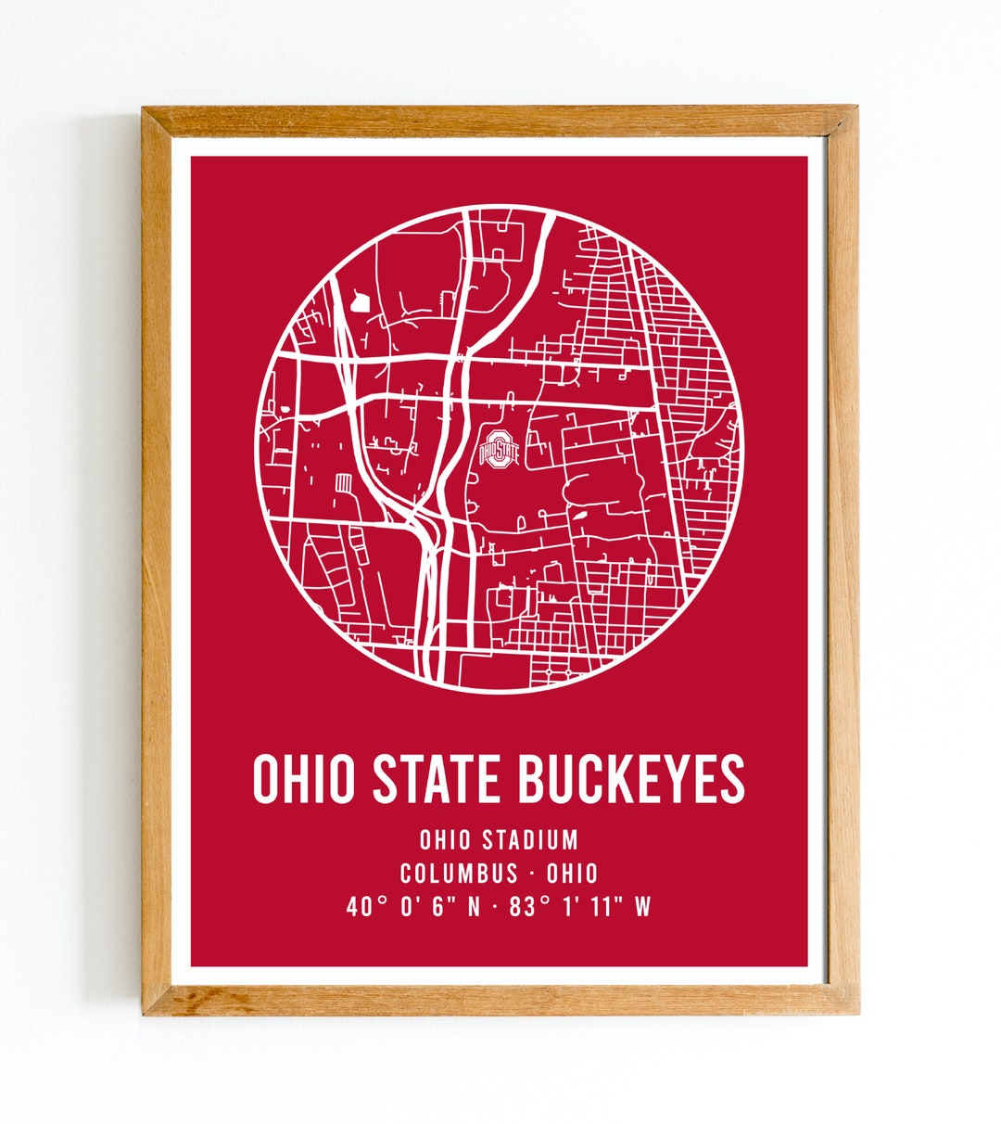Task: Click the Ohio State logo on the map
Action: pyautogui.click(x=499, y=450)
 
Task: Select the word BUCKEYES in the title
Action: pyautogui.click(x=630, y=779)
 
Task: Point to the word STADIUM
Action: pyautogui.click(x=530, y=840)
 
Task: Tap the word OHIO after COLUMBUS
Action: pyautogui.click(x=572, y=874)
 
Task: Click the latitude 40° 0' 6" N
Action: pyautogui.click(x=414, y=907)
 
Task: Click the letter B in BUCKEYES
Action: pyautogui.click(x=531, y=779)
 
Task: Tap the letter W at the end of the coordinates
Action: pyautogui.click(x=642, y=907)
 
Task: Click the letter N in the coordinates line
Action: pyautogui.click(x=473, y=907)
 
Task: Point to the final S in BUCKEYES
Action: pyautogui.click(x=733, y=779)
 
